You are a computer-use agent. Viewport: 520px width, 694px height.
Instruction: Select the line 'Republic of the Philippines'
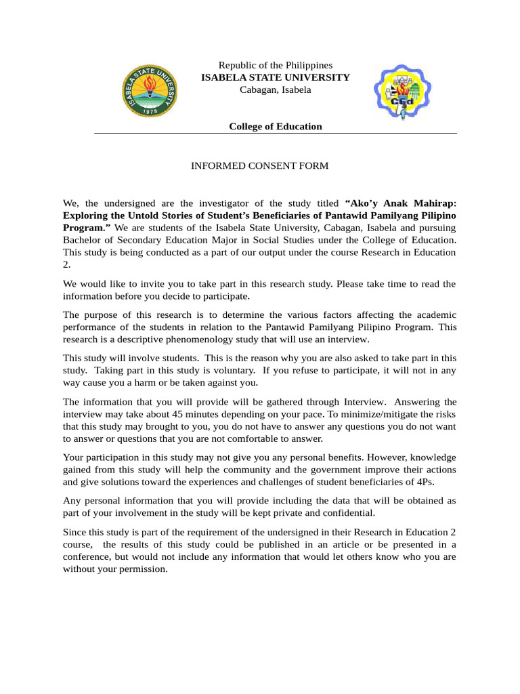click(276, 65)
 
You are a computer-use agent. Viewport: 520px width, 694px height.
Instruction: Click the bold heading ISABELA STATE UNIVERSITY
click(276, 77)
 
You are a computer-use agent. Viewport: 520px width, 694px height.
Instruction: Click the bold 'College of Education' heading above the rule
click(276, 127)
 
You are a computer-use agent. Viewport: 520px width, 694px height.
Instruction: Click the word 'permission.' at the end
click(144, 569)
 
